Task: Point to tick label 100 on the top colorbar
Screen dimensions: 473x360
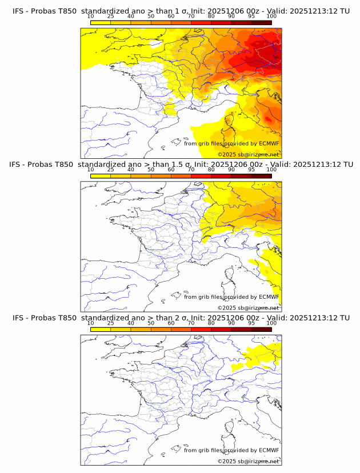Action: point(271,17)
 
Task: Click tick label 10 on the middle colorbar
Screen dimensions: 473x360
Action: point(90,170)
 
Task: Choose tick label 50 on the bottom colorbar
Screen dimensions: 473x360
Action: point(151,323)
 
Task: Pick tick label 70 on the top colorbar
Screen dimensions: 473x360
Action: point(191,17)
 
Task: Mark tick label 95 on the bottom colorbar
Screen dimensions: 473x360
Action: point(251,323)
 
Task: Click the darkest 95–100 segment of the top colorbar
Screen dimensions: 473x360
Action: point(261,23)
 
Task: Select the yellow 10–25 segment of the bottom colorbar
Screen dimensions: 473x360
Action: point(101,329)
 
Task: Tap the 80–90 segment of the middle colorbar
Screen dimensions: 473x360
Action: point(221,176)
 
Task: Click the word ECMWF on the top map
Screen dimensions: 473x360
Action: point(269,143)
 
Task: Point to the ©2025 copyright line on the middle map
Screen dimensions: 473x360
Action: point(248,308)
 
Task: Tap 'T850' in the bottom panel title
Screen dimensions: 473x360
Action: point(65,318)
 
